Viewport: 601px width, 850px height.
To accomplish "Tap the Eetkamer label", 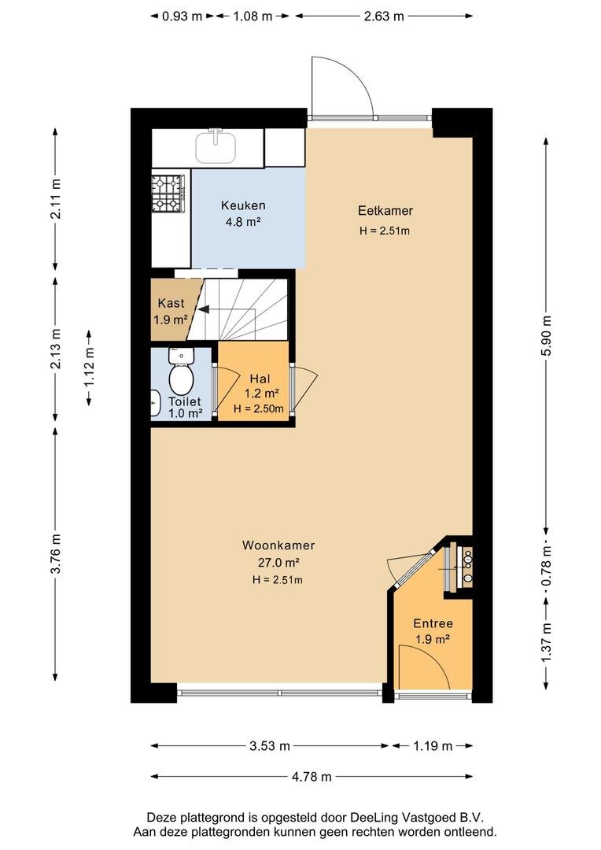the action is pyautogui.click(x=385, y=210).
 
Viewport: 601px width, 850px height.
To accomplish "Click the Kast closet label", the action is pyautogui.click(x=171, y=303).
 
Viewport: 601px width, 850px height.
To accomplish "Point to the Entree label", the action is pyautogui.click(x=433, y=623).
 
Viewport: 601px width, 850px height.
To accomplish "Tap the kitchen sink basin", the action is pyautogui.click(x=216, y=147).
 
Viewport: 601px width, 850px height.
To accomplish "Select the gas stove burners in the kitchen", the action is pyautogui.click(x=168, y=193).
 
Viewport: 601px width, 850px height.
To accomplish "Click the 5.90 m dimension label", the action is pyautogui.click(x=546, y=335).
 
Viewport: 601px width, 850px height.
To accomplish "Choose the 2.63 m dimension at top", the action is pyautogui.click(x=384, y=16).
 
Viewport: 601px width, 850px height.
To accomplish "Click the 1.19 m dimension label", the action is pyautogui.click(x=433, y=746).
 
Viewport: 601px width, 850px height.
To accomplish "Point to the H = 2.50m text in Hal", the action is pyautogui.click(x=259, y=408).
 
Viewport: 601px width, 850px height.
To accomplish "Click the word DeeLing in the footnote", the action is pyautogui.click(x=372, y=818).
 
